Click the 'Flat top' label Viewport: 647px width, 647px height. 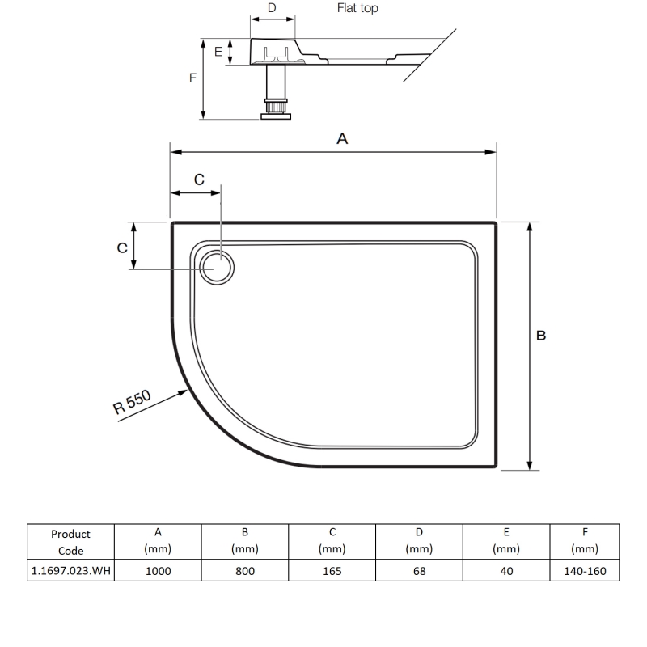click(x=357, y=9)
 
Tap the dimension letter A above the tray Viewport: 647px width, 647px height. click(x=342, y=139)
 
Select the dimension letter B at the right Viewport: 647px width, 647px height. click(x=542, y=335)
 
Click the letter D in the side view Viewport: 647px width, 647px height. click(x=272, y=8)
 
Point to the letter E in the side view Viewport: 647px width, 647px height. click(x=218, y=52)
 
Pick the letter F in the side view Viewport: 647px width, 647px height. click(x=192, y=78)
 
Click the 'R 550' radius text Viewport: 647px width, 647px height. click(x=133, y=402)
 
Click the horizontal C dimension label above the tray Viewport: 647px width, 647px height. click(x=199, y=180)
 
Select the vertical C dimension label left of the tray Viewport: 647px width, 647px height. click(x=122, y=247)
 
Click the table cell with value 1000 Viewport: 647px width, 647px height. click(x=158, y=571)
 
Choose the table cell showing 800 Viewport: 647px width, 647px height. click(x=244, y=571)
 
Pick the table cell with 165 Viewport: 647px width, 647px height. click(x=332, y=571)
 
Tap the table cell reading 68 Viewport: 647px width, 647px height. click(x=419, y=571)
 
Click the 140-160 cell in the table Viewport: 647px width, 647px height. click(x=585, y=571)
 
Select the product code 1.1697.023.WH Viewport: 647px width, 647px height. click(x=70, y=571)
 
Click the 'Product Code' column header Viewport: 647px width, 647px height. click(x=70, y=542)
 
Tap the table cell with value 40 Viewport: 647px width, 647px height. click(x=505, y=571)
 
